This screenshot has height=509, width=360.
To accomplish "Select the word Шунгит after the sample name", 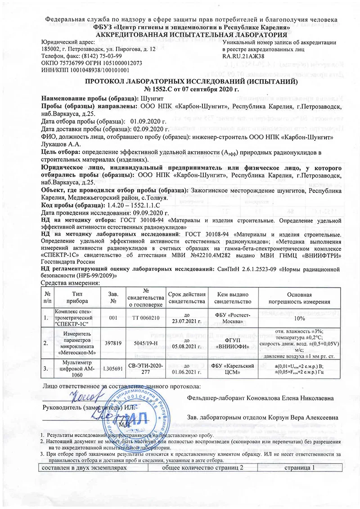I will pyautogui.click(x=151, y=98).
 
